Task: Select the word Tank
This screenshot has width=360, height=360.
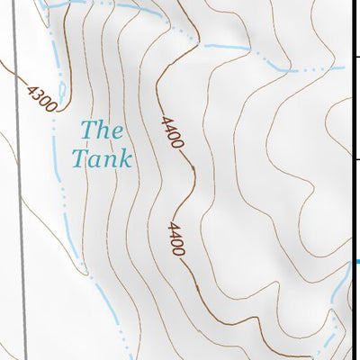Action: pos(102,159)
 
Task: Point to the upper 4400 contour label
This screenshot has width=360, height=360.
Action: pos(173,132)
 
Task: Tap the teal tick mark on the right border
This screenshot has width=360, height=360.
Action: pos(356,262)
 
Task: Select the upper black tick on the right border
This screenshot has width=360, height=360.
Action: pos(356,58)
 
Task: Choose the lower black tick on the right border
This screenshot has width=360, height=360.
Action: pos(356,159)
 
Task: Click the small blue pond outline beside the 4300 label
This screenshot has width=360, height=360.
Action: pos(61,90)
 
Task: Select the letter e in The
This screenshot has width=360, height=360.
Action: pos(115,131)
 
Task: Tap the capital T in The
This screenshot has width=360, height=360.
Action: pos(87,130)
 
